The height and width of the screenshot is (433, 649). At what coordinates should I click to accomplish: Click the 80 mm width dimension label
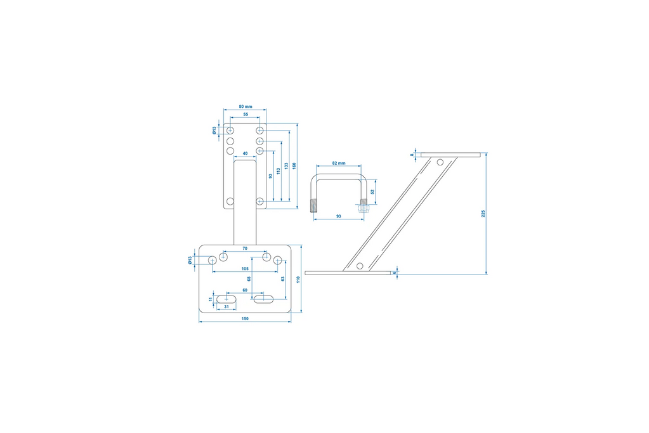pos(246,107)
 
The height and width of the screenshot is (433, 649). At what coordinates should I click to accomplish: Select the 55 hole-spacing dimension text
pos(246,115)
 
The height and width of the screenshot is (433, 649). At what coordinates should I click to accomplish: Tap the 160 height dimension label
pos(294,165)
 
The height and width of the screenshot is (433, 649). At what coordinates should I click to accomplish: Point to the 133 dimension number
pos(286,165)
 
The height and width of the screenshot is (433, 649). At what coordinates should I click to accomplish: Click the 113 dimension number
pos(278,171)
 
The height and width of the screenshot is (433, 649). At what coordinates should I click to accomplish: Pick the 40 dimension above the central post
pos(245,153)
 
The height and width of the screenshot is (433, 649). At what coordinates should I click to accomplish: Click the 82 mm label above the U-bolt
pos(339,164)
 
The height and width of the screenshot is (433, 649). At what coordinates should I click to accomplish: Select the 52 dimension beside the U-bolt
pos(372,192)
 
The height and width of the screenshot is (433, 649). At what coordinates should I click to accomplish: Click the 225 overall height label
pos(483,214)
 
